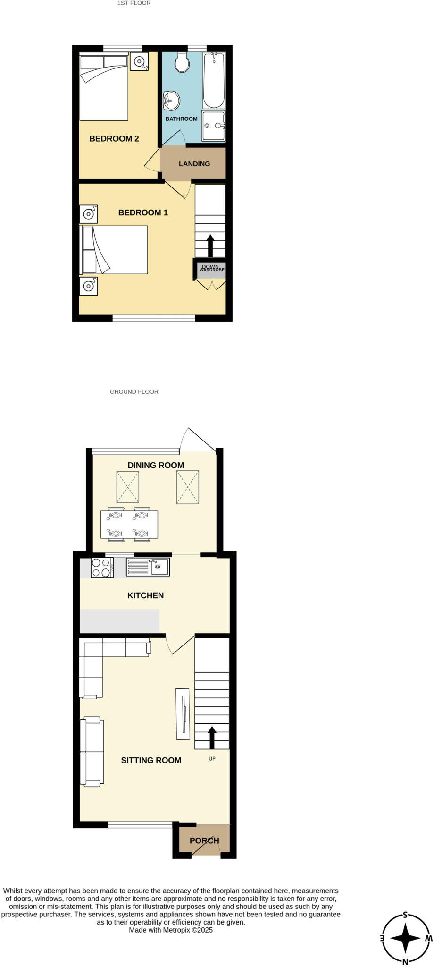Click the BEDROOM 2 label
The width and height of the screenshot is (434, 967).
coord(114,138)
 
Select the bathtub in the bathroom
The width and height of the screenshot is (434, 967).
coord(214,80)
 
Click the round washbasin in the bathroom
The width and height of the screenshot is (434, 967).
coord(172,100)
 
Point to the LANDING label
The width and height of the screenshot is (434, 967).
coord(194,164)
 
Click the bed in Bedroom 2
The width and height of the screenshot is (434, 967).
coord(104,87)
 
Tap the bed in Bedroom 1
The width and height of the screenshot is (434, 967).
coord(115,250)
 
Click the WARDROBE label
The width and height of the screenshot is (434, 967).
coord(212,270)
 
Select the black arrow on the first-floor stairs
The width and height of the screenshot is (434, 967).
coord(210,245)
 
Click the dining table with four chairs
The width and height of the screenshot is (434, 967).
coord(129,525)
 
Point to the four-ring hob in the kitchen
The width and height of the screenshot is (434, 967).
coord(102,568)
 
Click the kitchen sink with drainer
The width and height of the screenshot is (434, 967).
coord(148,567)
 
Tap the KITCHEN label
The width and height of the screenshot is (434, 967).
coord(145,595)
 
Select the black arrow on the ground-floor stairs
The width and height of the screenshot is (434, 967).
coord(212,737)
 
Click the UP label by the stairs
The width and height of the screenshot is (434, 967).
coord(212,759)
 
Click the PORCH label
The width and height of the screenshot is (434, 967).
coord(204,840)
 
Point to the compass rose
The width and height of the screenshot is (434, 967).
coord(405,938)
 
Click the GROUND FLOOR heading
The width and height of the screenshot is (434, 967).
coord(134,391)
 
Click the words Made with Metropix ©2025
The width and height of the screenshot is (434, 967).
coord(171,930)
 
